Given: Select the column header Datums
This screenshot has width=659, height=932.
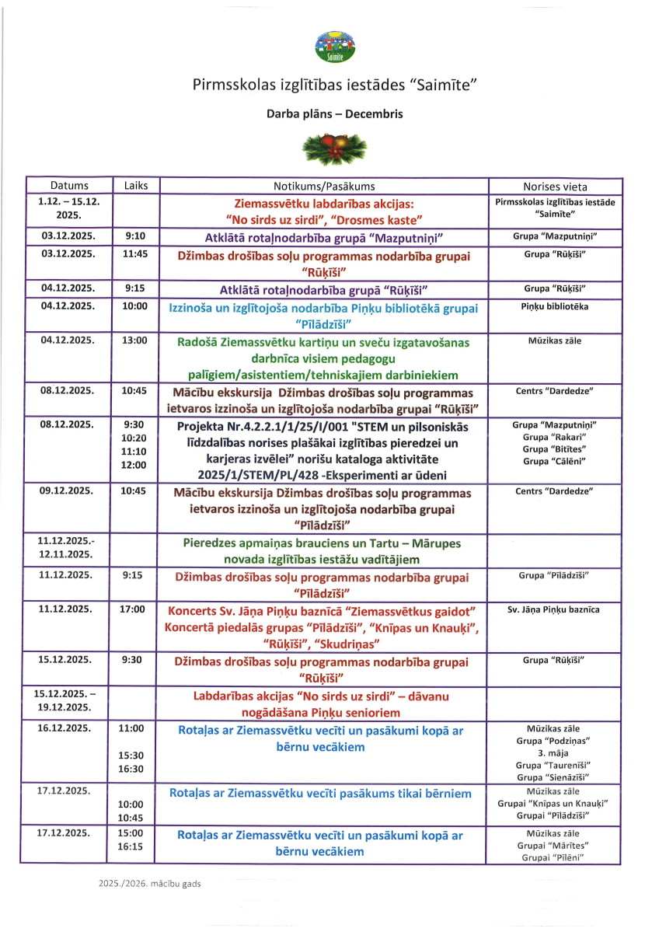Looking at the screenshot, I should point(69,186).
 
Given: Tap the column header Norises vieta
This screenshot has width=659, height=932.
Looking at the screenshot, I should point(554,187).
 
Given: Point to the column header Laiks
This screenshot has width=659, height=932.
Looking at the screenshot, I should point(136,186).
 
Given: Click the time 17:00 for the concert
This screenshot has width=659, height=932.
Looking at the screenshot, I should point(133,609).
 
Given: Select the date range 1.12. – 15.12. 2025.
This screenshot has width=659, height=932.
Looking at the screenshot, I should point(68,208).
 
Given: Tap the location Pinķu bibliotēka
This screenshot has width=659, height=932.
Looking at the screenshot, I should point(554,306).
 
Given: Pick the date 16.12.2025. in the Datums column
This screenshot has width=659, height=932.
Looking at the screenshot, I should point(68,728).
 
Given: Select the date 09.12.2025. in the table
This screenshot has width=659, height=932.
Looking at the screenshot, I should point(68,491).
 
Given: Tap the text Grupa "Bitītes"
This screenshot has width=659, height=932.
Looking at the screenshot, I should point(554,449).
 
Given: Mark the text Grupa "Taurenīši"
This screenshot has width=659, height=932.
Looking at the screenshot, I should point(554,765).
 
